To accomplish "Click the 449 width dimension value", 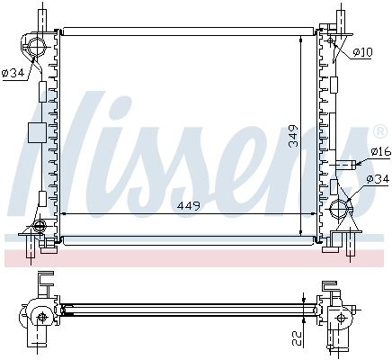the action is [188, 206].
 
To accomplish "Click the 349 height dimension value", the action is [294, 136].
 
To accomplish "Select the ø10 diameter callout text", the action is [362, 53].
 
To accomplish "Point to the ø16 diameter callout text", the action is [380, 151].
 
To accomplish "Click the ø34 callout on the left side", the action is [13, 74].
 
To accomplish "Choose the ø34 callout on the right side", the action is [379, 179].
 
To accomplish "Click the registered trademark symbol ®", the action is [379, 131].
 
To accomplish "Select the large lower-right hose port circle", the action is [339, 208].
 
